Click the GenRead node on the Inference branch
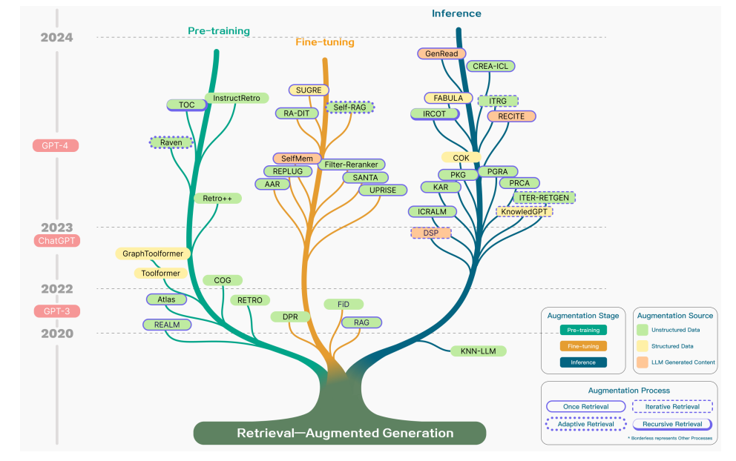[441, 53]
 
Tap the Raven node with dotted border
[171, 142]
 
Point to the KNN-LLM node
[479, 351]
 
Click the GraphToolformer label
[154, 253]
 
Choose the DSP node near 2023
[431, 233]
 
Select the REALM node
[167, 325]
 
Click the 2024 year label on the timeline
[57, 37]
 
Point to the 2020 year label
[57, 334]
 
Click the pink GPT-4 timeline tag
[56, 145]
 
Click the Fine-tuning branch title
[324, 42]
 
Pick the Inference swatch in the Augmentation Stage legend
[582, 362]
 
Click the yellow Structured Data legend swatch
[643, 346]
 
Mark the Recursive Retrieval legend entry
[671, 425]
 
